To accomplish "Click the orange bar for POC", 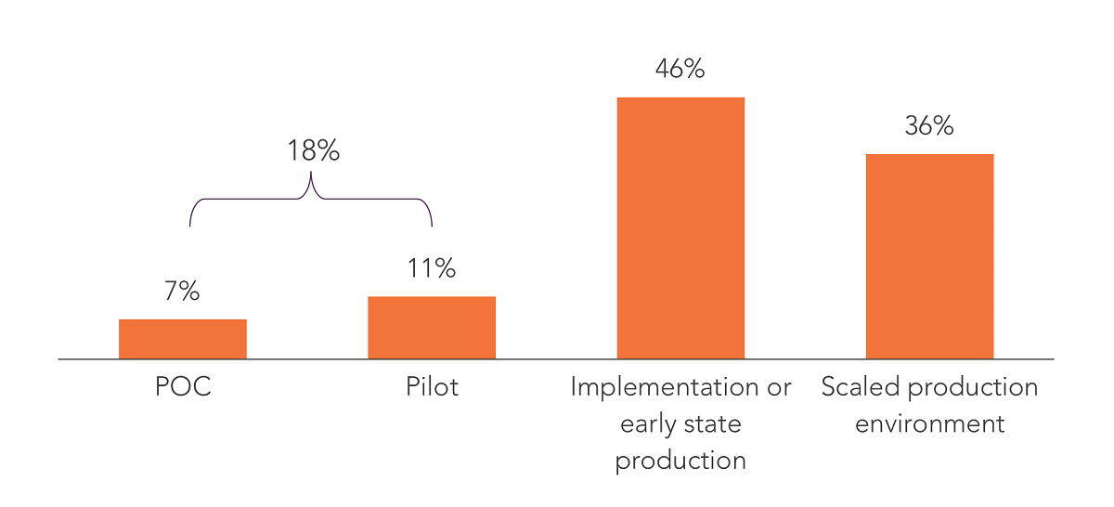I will click(x=183, y=339).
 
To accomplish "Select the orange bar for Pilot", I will click(x=432, y=328).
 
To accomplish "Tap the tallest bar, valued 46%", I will click(x=680, y=227).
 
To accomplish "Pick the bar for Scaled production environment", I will click(x=929, y=256).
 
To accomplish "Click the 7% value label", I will click(x=183, y=292).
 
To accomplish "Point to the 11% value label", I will click(x=432, y=269).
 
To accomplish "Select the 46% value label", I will click(x=680, y=70).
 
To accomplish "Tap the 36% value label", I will click(x=929, y=126).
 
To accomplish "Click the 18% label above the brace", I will click(x=313, y=151).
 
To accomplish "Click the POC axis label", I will click(x=183, y=387).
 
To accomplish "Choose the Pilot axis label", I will click(x=432, y=387).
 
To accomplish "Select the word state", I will click(x=714, y=424).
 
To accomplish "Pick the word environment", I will click(x=929, y=424).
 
